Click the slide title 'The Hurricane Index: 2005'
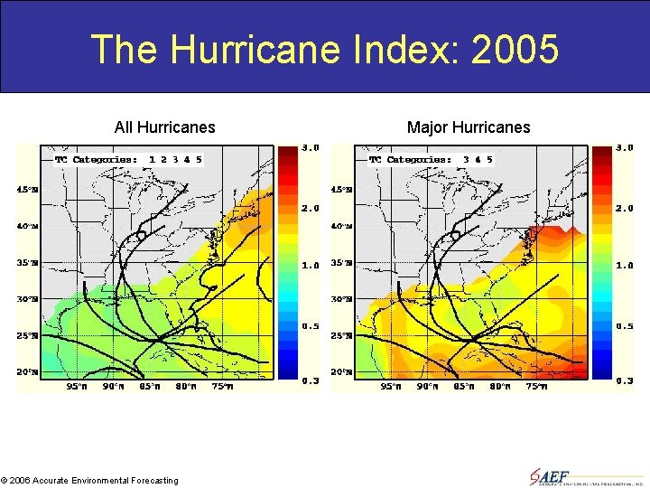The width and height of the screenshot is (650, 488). pos(325,49)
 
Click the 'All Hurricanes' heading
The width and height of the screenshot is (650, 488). pos(164,127)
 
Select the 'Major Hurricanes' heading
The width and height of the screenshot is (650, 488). pos(469,127)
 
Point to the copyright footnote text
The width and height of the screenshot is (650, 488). pos(89,481)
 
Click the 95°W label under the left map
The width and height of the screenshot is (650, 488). pos(78,387)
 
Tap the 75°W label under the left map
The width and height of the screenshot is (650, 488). pos(222,387)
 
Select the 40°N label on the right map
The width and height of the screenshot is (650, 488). pos(341,226)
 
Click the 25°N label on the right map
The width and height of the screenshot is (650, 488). pos(341,335)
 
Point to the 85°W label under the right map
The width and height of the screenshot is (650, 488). pos(463,387)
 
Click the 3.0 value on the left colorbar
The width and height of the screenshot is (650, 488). pos(311,147)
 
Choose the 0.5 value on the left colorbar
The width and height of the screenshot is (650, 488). pos(311,325)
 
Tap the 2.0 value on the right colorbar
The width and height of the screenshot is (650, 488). pos(625,208)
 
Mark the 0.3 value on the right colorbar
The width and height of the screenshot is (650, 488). pos(625,380)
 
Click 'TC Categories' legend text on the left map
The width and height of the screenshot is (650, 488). pos(97,160)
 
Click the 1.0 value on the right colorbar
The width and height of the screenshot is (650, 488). pos(625,265)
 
